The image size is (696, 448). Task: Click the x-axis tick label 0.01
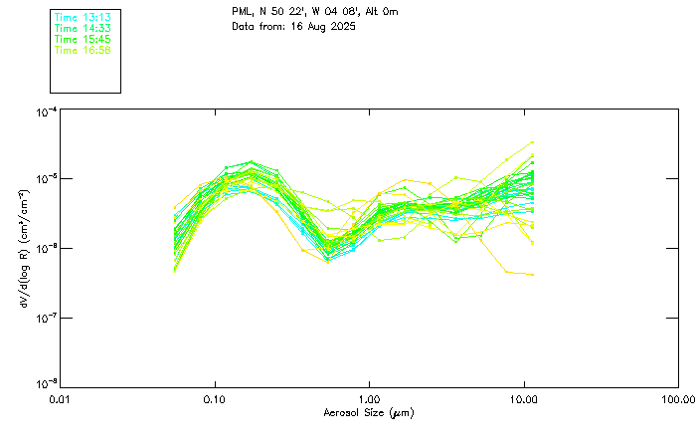click(x=61, y=400)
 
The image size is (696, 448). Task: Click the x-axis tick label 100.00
click(x=678, y=400)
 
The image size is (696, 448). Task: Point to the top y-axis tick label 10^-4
click(x=46, y=112)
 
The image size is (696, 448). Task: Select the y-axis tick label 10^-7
click(x=46, y=318)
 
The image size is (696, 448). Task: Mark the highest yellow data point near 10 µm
click(x=533, y=142)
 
